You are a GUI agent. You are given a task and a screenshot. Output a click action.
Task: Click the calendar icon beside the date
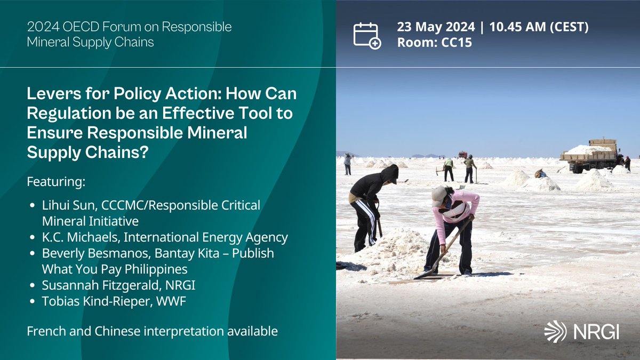coord(367,35)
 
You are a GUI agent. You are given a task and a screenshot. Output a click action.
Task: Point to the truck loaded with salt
coord(590,156)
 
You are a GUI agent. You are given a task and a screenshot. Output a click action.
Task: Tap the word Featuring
coord(56,182)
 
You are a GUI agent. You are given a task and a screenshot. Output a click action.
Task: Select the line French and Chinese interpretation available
coord(152,331)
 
